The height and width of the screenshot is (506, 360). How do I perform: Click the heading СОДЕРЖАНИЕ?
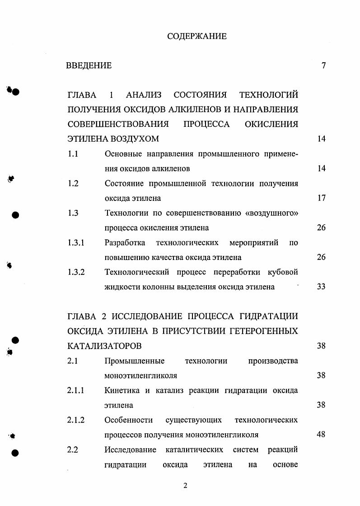coord(197,36)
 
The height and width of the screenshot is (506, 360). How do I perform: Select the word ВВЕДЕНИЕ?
coord(89,65)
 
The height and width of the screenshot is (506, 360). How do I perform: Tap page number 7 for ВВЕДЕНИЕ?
coord(323,65)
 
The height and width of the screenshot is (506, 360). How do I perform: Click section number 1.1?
coord(73,153)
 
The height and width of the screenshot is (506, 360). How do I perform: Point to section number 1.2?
coord(73,183)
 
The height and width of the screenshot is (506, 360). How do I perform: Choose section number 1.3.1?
coord(76,242)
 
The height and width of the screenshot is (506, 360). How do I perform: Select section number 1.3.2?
coord(76,272)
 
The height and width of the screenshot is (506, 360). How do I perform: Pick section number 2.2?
coord(73,450)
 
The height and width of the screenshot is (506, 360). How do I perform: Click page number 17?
coord(321,198)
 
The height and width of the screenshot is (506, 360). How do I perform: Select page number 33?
coord(321,287)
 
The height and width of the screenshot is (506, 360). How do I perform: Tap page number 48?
coord(321,435)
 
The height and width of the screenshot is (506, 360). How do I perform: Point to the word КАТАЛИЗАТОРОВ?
coord(104,346)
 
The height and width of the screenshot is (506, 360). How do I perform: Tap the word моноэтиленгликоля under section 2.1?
coord(140,376)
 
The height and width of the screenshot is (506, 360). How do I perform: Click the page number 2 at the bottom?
coord(185,486)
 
